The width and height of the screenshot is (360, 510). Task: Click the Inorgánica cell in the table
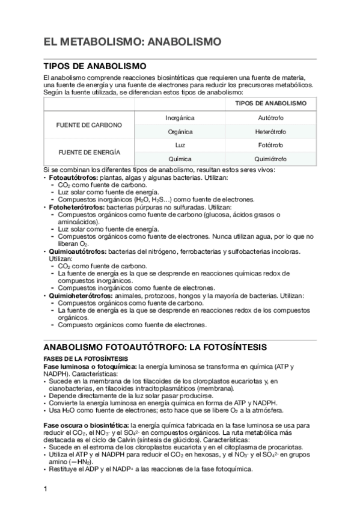[x=180, y=118]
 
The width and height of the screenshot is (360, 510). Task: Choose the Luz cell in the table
[x=180, y=146]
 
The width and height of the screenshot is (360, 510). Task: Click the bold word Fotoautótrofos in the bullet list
[x=73, y=179]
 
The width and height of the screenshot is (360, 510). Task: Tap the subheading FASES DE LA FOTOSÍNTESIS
[x=76, y=358]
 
